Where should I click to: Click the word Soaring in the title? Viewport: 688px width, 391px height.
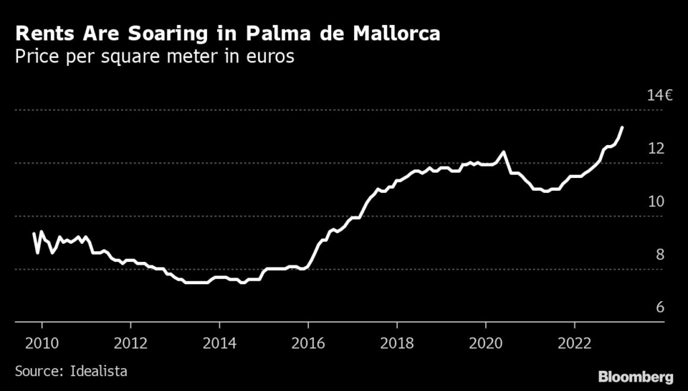click(x=140, y=34)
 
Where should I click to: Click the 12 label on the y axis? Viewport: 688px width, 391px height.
click(x=656, y=148)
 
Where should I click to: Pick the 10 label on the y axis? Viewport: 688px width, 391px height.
click(x=656, y=201)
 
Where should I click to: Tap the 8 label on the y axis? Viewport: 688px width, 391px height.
click(x=660, y=254)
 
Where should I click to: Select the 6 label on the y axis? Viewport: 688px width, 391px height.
click(x=660, y=307)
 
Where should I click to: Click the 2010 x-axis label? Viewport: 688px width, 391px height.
click(x=42, y=342)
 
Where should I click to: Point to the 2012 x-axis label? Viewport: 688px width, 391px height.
click(x=130, y=342)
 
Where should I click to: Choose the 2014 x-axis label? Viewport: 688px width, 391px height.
click(x=219, y=342)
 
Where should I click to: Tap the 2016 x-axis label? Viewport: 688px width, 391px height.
click(x=308, y=342)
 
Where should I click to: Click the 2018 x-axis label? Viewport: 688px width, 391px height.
click(x=397, y=342)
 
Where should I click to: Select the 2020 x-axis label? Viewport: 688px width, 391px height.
click(x=486, y=342)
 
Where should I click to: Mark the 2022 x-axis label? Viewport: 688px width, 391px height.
click(x=575, y=342)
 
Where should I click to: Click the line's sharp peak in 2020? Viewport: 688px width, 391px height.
click(x=503, y=153)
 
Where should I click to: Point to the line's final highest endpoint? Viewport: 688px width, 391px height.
click(x=622, y=127)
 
